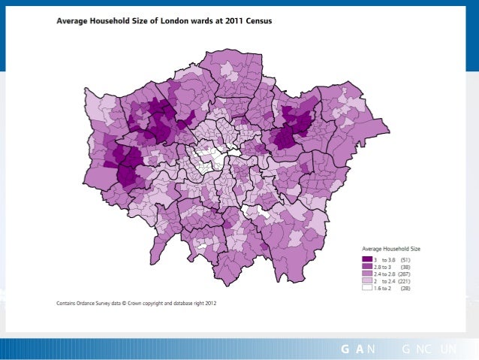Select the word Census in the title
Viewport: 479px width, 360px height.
(x=258, y=21)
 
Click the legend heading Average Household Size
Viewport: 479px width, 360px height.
(x=391, y=248)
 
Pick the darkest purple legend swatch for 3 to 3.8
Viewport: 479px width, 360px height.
(x=367, y=259)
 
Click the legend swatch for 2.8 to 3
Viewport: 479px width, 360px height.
(x=367, y=266)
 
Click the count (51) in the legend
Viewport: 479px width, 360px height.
(x=405, y=259)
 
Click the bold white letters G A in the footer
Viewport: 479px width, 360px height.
(x=353, y=349)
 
